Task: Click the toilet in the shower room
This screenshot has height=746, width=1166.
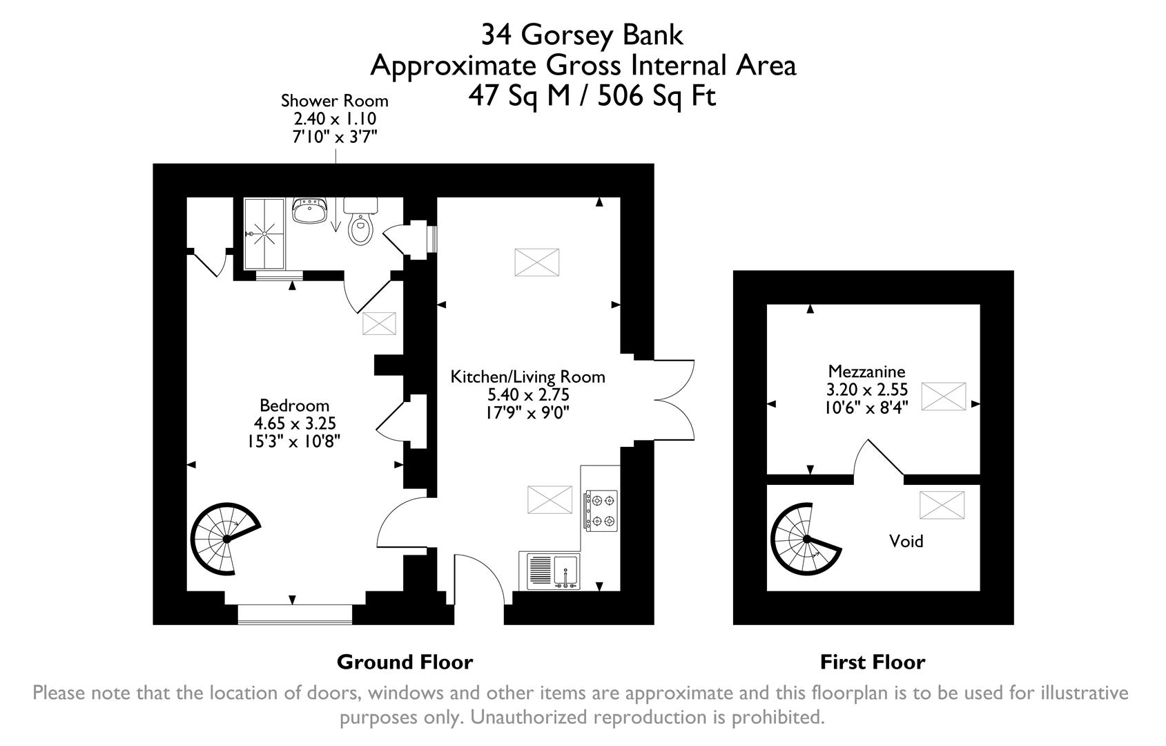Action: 360,223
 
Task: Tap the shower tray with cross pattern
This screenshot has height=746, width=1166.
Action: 264,234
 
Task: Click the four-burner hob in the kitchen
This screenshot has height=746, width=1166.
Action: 601,510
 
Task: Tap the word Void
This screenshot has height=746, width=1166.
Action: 906,541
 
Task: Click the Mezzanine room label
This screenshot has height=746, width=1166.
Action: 866,371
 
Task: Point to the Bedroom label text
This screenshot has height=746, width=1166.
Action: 294,405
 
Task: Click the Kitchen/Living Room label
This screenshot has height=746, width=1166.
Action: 527,377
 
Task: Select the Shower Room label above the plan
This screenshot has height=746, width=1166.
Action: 335,101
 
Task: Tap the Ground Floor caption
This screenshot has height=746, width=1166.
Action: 405,662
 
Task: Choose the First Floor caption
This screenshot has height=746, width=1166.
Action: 872,662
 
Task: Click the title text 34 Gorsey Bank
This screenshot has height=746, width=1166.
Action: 582,35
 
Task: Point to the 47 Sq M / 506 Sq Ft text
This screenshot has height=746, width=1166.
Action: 592,96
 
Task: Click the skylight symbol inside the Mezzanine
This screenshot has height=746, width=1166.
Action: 943,396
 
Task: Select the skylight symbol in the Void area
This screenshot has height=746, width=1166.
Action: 941,505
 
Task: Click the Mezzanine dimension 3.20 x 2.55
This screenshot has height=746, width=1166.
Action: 866,390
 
